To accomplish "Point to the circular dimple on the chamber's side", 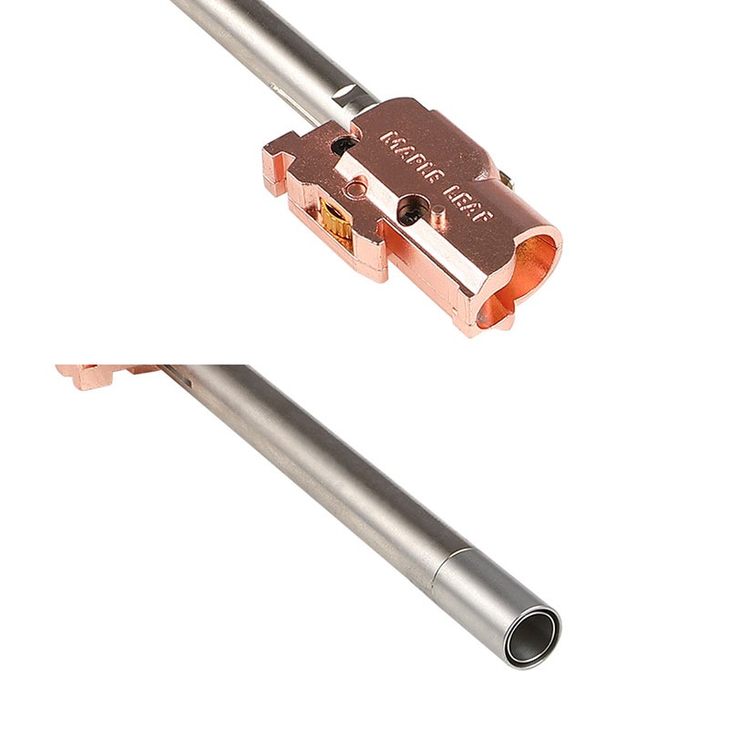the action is [355, 189].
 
